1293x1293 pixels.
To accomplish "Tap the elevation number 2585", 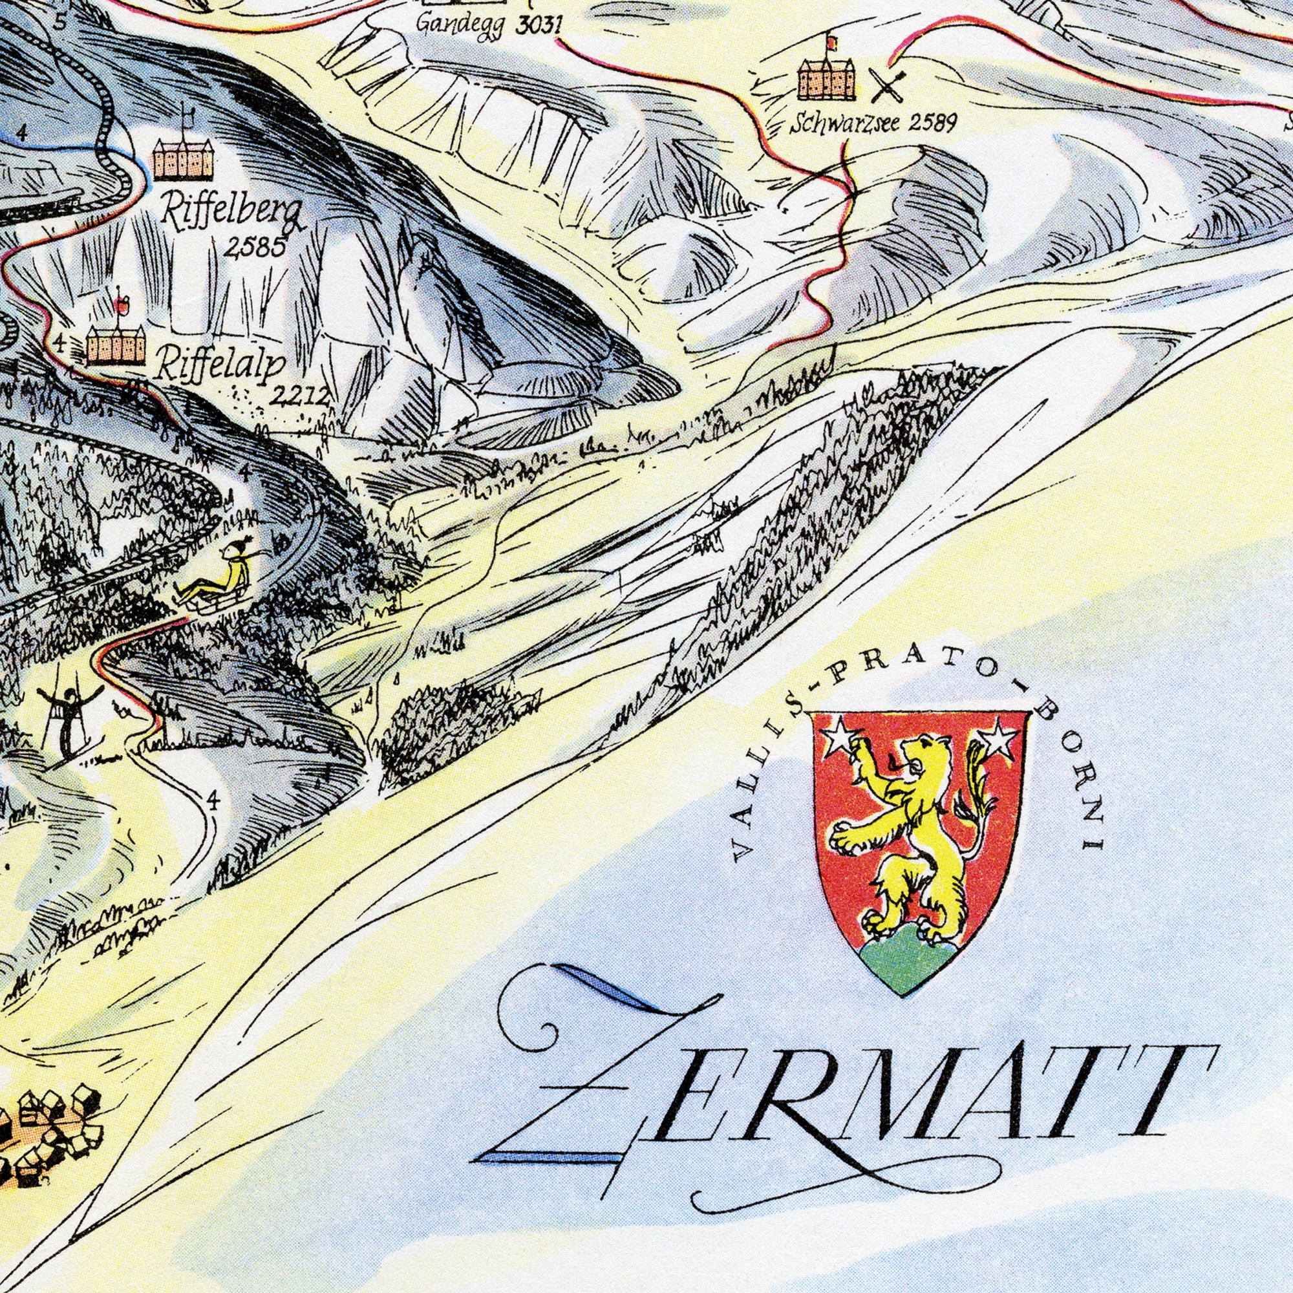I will coord(255,248).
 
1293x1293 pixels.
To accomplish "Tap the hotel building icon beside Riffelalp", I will coord(116,344).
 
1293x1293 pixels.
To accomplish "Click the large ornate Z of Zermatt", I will coord(589,1064).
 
